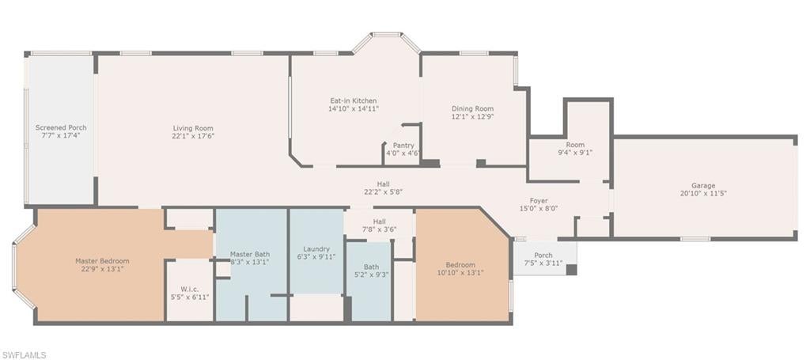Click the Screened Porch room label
tap(61, 127)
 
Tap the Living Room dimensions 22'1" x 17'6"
tap(193, 136)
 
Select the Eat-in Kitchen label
tap(354, 100)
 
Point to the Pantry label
tap(403, 146)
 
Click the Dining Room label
tap(473, 108)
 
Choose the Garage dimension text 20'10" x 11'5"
tap(703, 193)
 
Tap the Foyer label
tap(539, 200)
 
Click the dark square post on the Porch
tap(571, 270)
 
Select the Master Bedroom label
tap(102, 261)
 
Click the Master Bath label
tap(249, 254)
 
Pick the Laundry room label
tap(316, 249)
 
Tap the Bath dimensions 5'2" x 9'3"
tap(371, 275)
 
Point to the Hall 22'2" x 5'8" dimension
tap(383, 191)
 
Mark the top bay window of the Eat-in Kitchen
tap(386, 35)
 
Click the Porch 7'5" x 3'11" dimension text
tap(543, 263)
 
